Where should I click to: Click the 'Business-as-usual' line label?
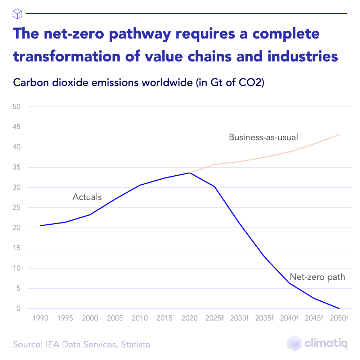pyautogui.click(x=264, y=137)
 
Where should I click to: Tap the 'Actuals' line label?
pyautogui.click(x=87, y=197)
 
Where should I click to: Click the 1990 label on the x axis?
pyautogui.click(x=40, y=318)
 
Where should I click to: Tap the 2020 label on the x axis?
pyautogui.click(x=189, y=318)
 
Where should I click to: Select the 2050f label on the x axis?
pyautogui.click(x=339, y=318)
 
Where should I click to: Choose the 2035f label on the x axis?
pyautogui.click(x=264, y=318)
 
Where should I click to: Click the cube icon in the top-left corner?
pyautogui.click(x=17, y=14)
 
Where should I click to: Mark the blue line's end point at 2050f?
pyautogui.click(x=339, y=309)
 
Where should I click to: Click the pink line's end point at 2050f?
pyautogui.click(x=339, y=135)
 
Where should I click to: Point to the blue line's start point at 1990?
pyautogui.click(x=40, y=226)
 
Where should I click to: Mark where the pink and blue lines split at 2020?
pyautogui.click(x=189, y=173)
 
